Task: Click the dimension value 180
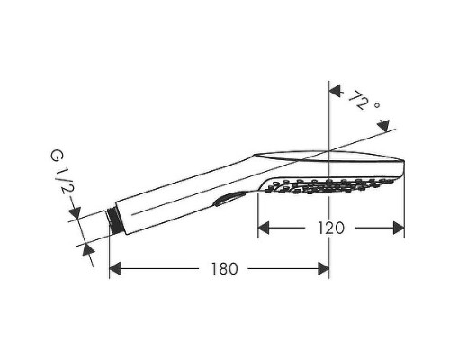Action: point(224,268)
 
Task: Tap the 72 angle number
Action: point(358,100)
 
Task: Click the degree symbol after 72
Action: point(377,105)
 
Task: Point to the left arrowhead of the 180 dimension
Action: point(115,268)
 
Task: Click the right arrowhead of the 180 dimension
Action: point(323,268)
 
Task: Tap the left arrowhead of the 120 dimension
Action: point(264,228)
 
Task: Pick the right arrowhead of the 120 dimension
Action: point(399,228)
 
